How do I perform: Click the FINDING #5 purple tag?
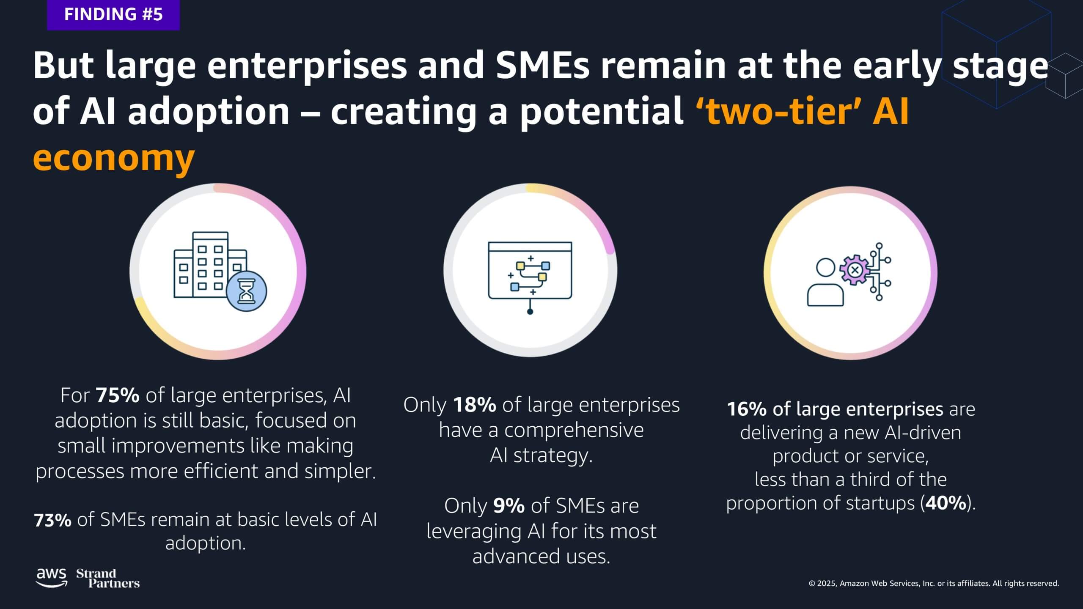coord(113,15)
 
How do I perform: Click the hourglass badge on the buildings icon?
coord(247,291)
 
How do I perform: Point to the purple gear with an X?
coord(855,269)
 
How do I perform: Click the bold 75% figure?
coord(117,395)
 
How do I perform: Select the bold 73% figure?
coord(52,520)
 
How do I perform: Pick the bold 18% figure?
coord(474,405)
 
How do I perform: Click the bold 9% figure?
coord(509,505)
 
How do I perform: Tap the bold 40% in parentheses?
coord(946,503)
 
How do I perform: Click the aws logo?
coord(52,578)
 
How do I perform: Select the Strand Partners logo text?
coord(108,579)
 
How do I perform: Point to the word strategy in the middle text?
coord(553,455)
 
